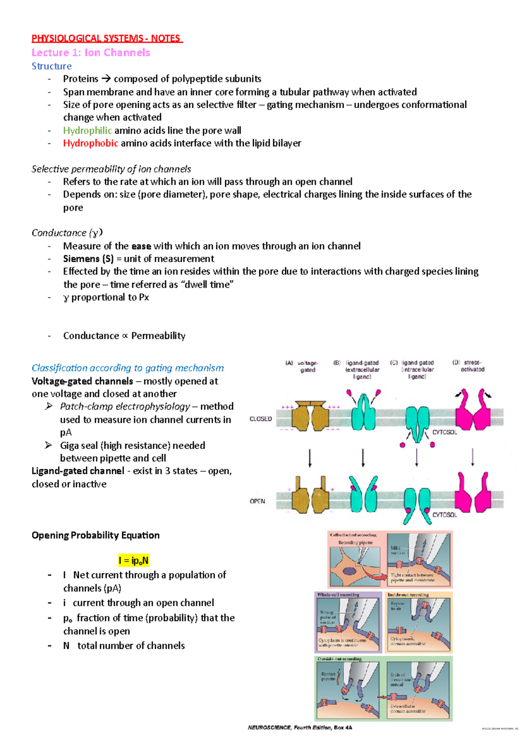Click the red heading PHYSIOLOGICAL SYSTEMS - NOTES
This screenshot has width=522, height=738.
[x=107, y=38]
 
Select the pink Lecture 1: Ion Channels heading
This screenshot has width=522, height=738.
[x=90, y=53]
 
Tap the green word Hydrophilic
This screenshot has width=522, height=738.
[x=87, y=130]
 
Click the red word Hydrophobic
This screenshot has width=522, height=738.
[x=90, y=143]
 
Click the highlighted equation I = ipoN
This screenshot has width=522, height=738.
[x=134, y=560]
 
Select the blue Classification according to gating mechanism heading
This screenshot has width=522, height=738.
[x=127, y=368]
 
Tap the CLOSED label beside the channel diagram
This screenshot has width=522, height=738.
[x=261, y=419]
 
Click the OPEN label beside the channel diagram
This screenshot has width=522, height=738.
[x=257, y=501]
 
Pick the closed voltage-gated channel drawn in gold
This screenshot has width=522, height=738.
[x=310, y=416]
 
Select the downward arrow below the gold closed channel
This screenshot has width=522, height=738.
[x=310, y=458]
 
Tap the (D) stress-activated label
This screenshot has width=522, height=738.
[x=469, y=366]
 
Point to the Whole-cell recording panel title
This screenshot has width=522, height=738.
[x=338, y=595]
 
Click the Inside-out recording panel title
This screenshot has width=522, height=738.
[x=408, y=595]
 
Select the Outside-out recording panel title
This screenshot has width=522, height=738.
[x=339, y=659]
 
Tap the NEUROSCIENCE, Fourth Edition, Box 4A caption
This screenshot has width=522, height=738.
[x=300, y=728]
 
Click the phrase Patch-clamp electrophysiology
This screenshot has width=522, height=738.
[x=125, y=406]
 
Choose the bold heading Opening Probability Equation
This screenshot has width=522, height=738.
[x=95, y=535]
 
